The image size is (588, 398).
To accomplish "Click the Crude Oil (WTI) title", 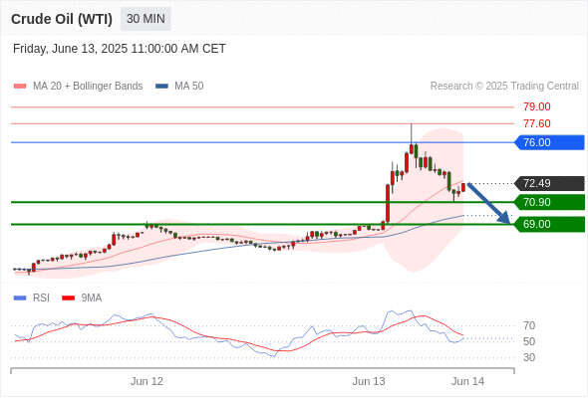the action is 62,19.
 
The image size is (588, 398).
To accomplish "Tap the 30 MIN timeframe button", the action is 146,19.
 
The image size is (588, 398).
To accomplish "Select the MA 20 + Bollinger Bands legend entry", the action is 78,87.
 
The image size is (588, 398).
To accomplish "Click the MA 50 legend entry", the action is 179,87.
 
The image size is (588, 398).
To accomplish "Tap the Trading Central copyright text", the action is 504,87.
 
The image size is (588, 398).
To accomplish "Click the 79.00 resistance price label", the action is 537,106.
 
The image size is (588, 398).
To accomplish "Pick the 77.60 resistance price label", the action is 537,123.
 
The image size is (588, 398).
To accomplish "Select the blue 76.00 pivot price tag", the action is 549,142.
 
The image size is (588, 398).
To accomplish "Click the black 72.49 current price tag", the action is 549,183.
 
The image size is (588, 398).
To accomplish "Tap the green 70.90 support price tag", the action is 549,202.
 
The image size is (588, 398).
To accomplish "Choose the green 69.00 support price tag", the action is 549,224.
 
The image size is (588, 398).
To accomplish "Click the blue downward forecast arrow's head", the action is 505,218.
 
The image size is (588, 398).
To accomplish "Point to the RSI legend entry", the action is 32,298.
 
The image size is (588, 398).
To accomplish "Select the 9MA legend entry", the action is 82,298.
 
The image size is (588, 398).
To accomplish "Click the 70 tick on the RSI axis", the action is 529,325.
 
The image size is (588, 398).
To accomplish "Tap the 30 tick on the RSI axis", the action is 529,357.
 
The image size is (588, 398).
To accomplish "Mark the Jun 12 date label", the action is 147,381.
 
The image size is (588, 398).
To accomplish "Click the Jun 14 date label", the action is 467,381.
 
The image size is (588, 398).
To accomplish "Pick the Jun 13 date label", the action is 369,381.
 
